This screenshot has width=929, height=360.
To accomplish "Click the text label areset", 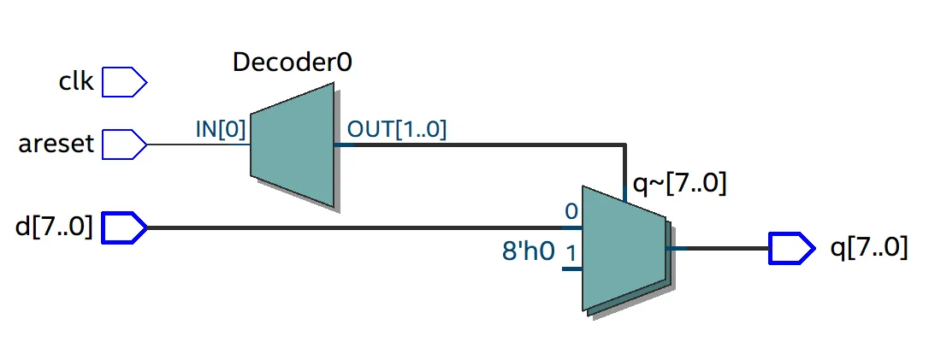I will pos(56,144).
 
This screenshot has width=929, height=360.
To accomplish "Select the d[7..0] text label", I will pos(55,228).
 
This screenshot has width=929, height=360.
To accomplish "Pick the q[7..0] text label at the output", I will pos(869,248).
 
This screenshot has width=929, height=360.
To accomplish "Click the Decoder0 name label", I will pos(293,62).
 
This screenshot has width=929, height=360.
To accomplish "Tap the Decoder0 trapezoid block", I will pos(292,145).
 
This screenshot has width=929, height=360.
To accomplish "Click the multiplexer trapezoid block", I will pos(623,248).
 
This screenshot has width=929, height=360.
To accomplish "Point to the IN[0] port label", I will pos(221,130).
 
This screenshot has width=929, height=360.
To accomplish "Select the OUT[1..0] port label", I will pos(396,129).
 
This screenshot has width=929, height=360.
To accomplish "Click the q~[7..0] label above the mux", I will pos(678,184).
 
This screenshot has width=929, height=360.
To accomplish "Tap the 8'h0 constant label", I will pos(528,251).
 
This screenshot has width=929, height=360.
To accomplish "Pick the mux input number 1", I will pos(571,253).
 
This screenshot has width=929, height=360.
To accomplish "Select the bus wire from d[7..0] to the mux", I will pos(359,228).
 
